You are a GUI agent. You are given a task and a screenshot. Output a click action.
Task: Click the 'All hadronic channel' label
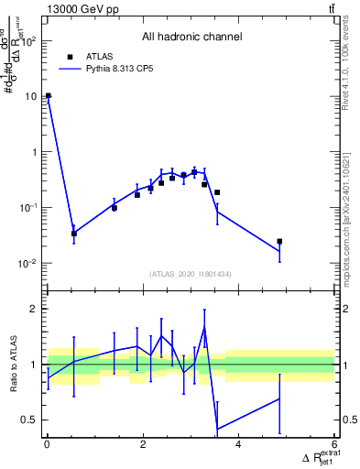pyautogui.click(x=191, y=38)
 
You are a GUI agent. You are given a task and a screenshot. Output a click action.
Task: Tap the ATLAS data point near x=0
pyautogui.click(x=48, y=95)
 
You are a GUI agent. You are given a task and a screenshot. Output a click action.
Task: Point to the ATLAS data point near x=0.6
pyautogui.click(x=74, y=234)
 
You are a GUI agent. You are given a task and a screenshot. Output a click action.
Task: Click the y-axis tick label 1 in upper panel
pyautogui.click(x=34, y=152)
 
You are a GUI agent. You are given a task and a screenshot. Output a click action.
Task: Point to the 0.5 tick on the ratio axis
pyautogui.click(x=30, y=420)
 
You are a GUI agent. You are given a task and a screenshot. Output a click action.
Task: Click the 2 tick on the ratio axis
pyautogui.click(x=35, y=309)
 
